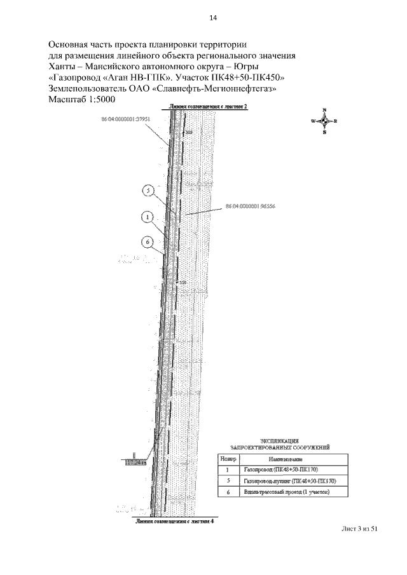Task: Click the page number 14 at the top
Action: point(213,18)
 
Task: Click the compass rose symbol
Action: point(324,121)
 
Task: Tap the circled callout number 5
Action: point(148,190)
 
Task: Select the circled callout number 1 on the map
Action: point(146,217)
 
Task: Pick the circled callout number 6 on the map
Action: point(146,242)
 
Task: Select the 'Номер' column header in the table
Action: point(228,459)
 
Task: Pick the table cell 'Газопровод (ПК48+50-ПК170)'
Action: point(280,470)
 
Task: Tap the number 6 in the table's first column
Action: point(228,492)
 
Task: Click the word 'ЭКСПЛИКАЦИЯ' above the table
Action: point(280,440)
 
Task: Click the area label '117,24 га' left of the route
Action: point(135,463)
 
